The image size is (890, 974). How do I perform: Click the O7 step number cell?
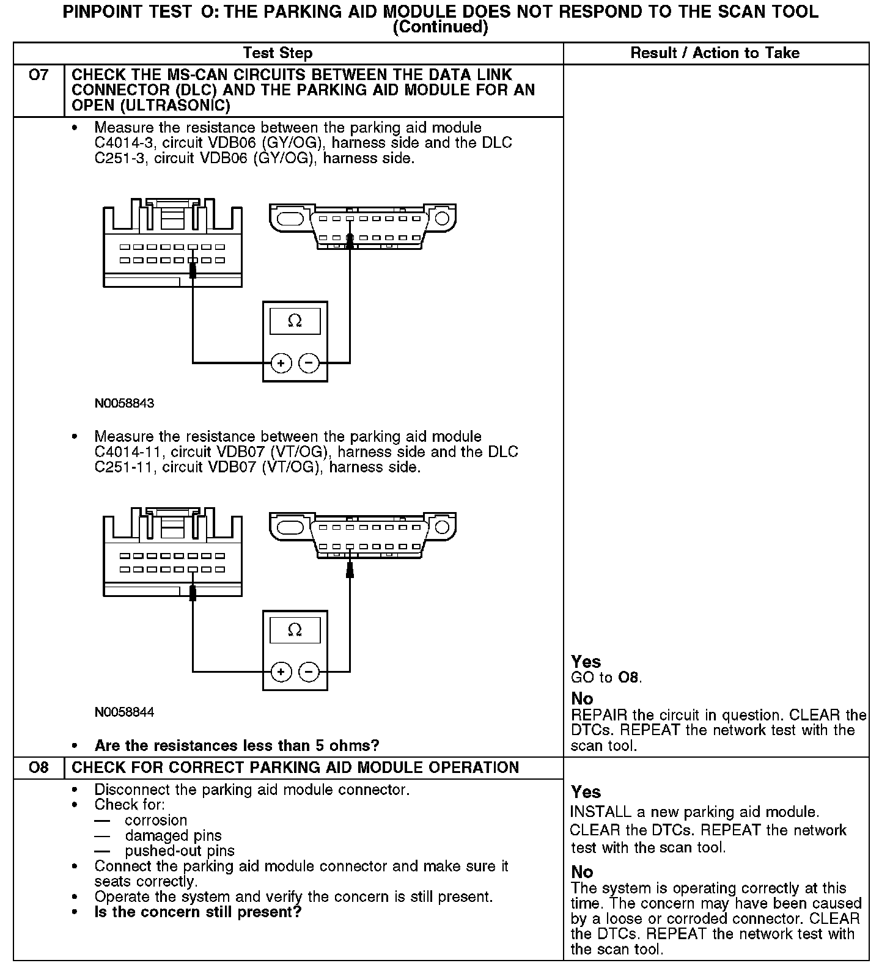[x=39, y=76]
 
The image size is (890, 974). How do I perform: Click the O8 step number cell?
[x=39, y=767]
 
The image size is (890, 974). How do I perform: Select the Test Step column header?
[x=278, y=53]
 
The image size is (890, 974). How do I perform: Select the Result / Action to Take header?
[x=715, y=53]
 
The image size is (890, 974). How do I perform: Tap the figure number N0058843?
[x=124, y=403]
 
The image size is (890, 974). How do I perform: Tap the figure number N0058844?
[x=124, y=712]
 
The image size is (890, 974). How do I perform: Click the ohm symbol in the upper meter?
[x=295, y=321]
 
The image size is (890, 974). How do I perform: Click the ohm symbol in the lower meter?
[x=295, y=630]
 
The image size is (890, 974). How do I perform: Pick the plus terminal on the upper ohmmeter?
[x=281, y=364]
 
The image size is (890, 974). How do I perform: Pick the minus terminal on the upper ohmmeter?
[x=309, y=364]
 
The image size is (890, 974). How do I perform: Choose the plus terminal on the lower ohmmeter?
[x=281, y=672]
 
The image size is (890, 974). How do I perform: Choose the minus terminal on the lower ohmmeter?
[x=309, y=672]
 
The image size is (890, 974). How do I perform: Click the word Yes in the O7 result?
[x=586, y=661]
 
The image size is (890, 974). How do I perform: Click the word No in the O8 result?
[x=582, y=871]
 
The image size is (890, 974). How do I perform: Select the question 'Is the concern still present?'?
[x=198, y=912]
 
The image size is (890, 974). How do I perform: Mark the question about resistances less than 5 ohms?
[x=237, y=745]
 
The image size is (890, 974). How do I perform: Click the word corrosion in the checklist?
[x=156, y=820]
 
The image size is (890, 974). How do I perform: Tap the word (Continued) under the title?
[x=440, y=27]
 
